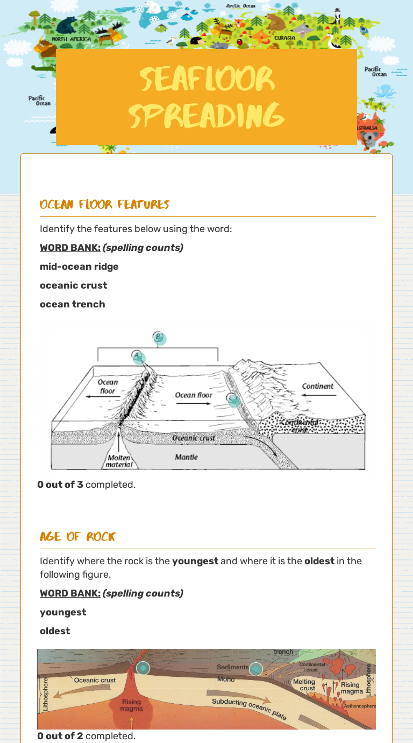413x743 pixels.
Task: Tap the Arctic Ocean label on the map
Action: point(240,6)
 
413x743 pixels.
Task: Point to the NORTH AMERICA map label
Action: point(72,39)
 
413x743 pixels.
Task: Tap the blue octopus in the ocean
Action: point(384,90)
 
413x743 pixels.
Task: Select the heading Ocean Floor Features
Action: point(104,205)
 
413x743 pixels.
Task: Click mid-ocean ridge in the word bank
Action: point(79,267)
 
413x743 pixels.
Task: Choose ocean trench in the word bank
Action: point(72,304)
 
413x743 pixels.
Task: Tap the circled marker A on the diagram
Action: point(138,356)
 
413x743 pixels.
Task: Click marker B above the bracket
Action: point(159,338)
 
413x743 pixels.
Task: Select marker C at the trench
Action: point(233,400)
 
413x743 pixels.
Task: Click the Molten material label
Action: point(118,461)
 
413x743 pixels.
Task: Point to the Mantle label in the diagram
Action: point(186,457)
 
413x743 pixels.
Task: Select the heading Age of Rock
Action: point(77,537)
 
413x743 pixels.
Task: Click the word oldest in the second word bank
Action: point(55,631)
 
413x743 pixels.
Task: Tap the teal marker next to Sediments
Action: point(256,669)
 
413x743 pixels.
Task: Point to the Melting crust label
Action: point(304,685)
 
